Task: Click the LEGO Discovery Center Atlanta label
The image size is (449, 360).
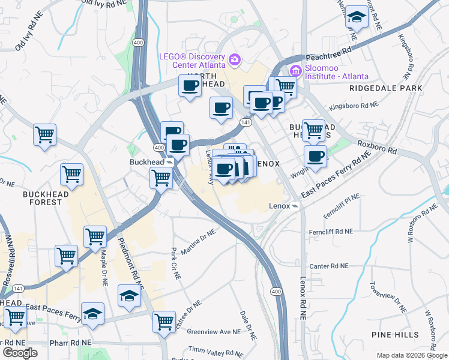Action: (191, 60)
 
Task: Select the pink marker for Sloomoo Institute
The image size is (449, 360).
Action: (295, 71)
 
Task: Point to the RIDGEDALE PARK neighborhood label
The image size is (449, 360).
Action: (382, 88)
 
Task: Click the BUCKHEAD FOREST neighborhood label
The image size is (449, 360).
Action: (43, 198)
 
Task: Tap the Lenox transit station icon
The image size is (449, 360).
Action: (295, 206)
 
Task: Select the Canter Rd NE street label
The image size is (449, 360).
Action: (328, 266)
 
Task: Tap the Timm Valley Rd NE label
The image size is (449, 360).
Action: (213, 349)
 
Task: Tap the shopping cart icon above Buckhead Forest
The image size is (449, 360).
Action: (72, 174)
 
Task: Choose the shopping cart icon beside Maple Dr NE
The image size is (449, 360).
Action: (95, 236)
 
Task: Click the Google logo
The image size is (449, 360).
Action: (20, 352)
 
